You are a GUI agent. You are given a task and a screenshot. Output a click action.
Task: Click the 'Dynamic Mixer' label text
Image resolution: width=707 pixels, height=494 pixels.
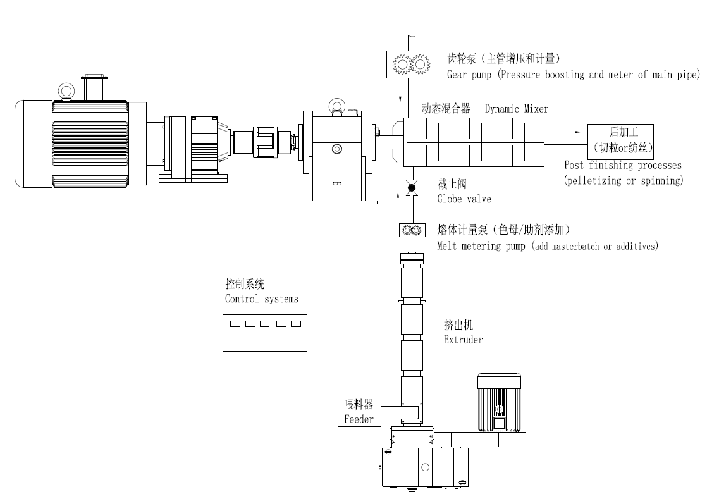tap(517, 109)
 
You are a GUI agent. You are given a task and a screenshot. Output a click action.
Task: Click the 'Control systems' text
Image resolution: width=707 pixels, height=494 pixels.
tap(261, 299)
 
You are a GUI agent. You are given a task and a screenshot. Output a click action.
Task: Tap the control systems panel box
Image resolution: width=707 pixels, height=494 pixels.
tap(265, 333)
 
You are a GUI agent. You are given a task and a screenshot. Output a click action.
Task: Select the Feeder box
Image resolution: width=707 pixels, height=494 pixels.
tap(359, 412)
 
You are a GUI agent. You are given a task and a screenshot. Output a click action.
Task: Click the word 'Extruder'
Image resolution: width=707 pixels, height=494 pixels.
tap(463, 340)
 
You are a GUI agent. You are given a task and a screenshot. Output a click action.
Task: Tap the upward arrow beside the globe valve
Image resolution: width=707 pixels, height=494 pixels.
tap(398, 199)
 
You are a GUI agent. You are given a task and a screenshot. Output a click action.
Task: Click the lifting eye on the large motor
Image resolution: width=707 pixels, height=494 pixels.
tap(66, 91)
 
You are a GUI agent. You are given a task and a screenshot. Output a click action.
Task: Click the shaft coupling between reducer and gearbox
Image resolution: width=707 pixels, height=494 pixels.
tap(265, 142)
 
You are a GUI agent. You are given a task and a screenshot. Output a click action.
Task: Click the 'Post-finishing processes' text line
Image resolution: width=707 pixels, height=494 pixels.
tap(623, 165)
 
